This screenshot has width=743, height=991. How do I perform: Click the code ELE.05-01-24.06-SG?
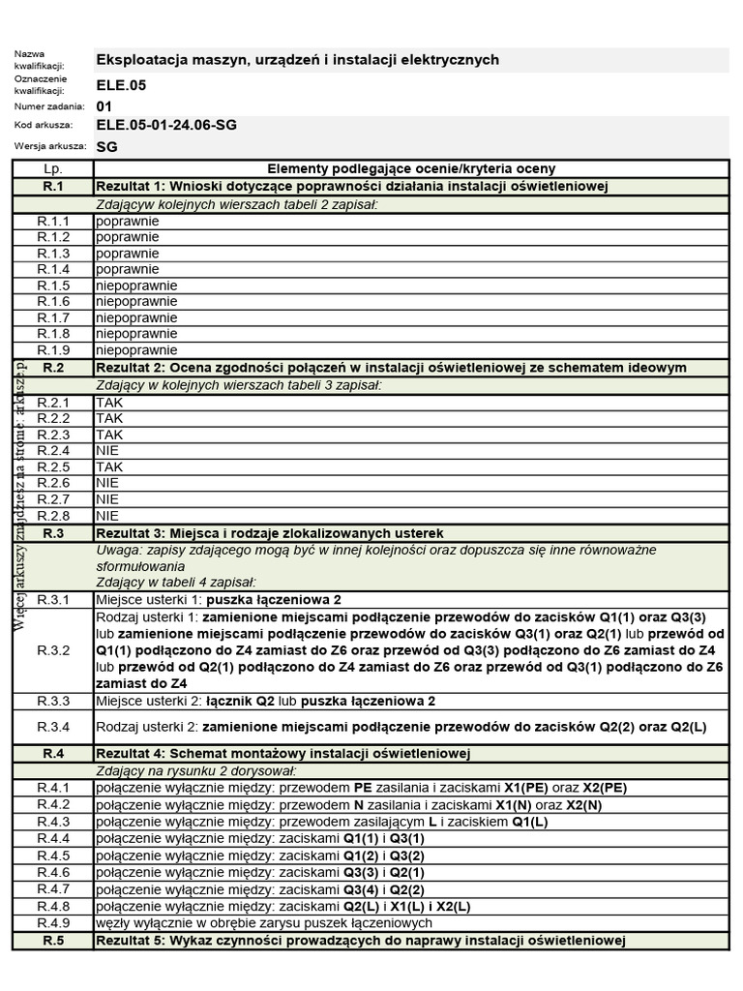pos(166,125)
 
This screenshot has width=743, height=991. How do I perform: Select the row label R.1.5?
pos(53,285)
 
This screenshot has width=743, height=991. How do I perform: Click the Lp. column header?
pos(53,168)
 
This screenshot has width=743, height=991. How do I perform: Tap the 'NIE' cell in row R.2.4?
pos(108,450)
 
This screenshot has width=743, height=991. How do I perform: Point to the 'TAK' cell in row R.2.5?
pos(109,466)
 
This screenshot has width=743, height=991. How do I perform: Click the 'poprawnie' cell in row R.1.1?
pos(128,221)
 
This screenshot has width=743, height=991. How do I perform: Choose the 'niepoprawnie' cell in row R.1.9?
pos(136,349)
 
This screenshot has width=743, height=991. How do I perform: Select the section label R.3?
pos(53,533)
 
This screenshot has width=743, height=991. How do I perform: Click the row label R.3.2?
pos(53,650)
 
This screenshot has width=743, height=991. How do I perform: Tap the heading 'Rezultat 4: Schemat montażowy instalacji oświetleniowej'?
pos(282,753)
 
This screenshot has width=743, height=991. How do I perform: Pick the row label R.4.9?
pos(53,923)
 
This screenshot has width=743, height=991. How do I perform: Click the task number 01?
pos(104,105)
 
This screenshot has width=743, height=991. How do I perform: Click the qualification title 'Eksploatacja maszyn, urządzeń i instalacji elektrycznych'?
pos(298,60)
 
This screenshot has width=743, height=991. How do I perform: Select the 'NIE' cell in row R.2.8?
pos(108,516)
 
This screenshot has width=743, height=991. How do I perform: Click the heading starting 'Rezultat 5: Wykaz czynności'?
pos(361,941)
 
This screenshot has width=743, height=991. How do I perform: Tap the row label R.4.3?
pos(53,821)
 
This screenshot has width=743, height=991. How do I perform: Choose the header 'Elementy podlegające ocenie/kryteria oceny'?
pos(411,168)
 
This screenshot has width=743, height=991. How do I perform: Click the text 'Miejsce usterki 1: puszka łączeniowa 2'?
pos(219,600)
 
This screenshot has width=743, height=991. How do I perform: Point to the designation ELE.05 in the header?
pos(120,85)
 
